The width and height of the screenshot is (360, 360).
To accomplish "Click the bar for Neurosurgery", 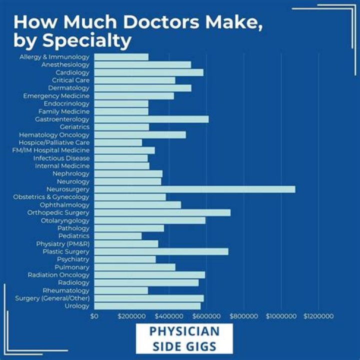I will pyautogui.click(x=194, y=189).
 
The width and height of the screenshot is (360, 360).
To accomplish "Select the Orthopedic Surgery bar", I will pyautogui.click(x=162, y=212).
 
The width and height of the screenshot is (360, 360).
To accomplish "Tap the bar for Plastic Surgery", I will pyautogui.click(x=161, y=251).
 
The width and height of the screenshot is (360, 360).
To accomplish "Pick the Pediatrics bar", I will pyautogui.click(x=117, y=236).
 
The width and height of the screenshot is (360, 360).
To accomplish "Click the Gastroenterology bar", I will pyautogui.click(x=151, y=119).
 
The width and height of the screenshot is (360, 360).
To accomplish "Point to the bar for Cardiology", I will pyautogui.click(x=148, y=72).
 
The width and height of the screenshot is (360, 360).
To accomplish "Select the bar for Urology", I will pyautogui.click(x=147, y=306).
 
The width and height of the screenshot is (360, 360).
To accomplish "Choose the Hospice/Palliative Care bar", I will pyautogui.click(x=118, y=142).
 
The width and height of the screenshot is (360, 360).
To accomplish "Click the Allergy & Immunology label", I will pyautogui.click(x=54, y=57).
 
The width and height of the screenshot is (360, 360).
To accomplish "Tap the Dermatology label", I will pyautogui.click(x=69, y=88).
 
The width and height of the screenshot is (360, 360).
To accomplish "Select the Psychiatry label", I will pyautogui.click(x=73, y=259).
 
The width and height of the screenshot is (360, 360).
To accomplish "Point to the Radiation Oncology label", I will pyautogui.click(x=58, y=275).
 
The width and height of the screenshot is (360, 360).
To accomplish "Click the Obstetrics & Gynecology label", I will pyautogui.click(x=51, y=197).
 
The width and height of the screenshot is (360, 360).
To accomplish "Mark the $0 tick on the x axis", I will pyautogui.click(x=94, y=316).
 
